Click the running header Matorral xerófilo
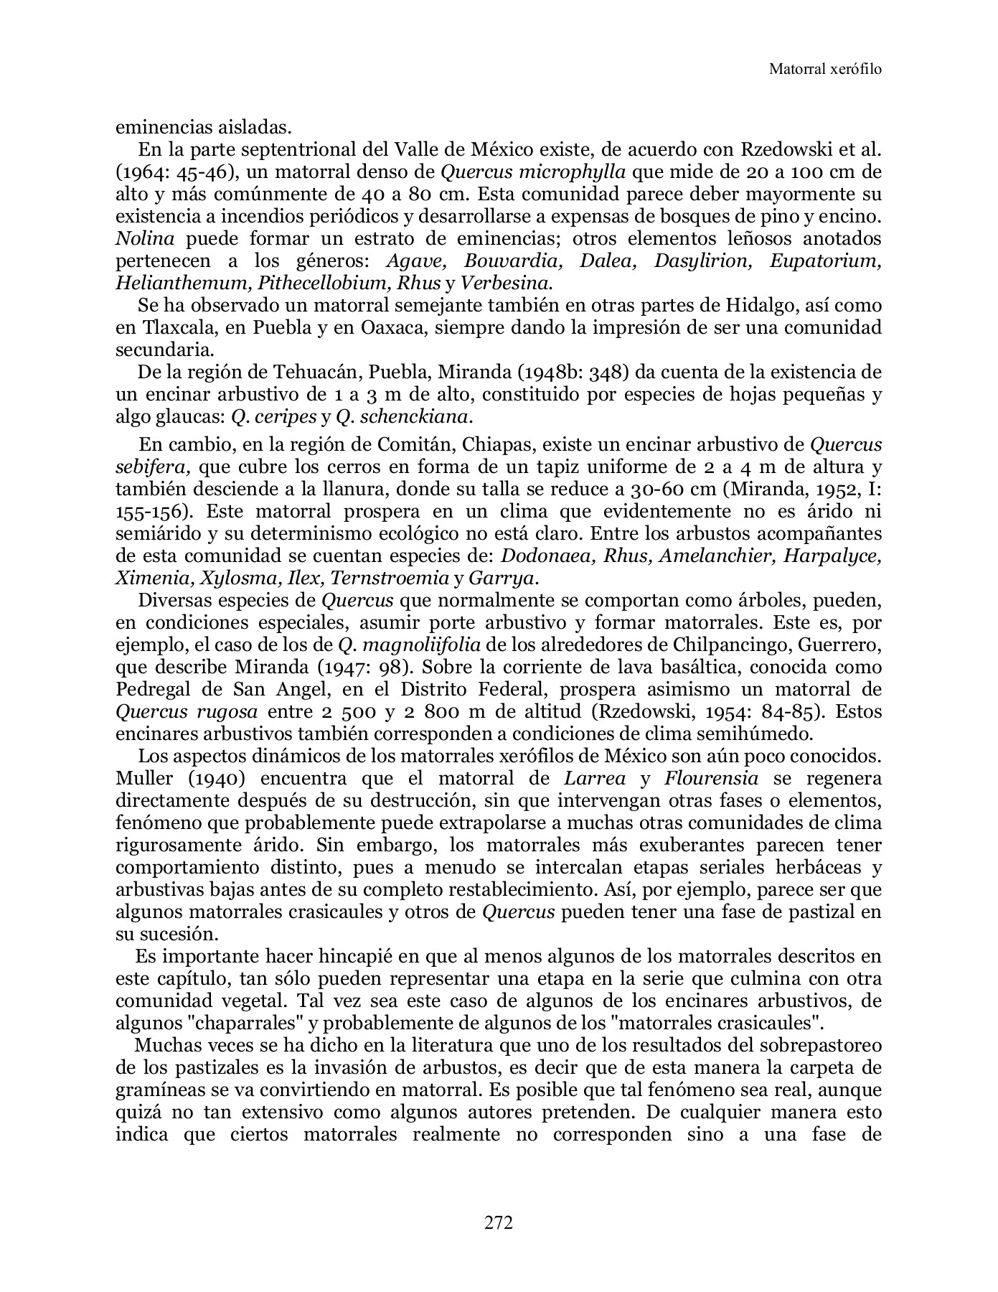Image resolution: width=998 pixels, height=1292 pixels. pyautogui.click(x=825, y=69)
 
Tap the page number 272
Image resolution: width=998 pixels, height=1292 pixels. pyautogui.click(x=498, y=1222)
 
